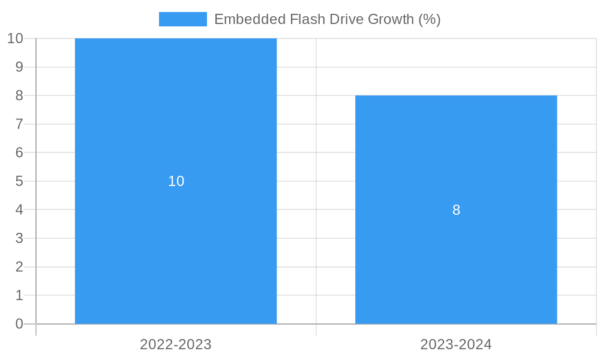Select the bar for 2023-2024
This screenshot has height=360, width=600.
pyautogui.click(x=456, y=270)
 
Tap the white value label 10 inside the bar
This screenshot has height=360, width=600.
pyautogui.click(x=176, y=181)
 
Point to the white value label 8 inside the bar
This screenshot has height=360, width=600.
pyautogui.click(x=456, y=210)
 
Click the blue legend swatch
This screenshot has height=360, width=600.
pyautogui.click(x=182, y=19)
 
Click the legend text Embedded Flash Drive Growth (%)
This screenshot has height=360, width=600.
pyautogui.click(x=327, y=19)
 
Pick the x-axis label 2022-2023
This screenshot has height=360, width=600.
pyautogui.click(x=176, y=344)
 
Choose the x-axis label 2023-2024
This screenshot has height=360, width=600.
pyautogui.click(x=456, y=344)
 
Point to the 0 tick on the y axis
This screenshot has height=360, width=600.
pyautogui.click(x=19, y=324)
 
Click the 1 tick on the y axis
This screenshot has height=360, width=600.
pyautogui.click(x=19, y=295)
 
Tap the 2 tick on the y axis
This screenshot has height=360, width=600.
pyautogui.click(x=19, y=267)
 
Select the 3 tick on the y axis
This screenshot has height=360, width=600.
pyautogui.click(x=19, y=238)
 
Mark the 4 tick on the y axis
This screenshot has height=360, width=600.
pyautogui.click(x=19, y=210)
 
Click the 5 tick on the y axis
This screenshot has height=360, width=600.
pyautogui.click(x=19, y=181)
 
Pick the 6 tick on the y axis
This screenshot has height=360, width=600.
pyautogui.click(x=19, y=152)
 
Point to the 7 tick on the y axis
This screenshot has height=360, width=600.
pyautogui.click(x=19, y=124)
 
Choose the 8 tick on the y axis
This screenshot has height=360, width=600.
pyautogui.click(x=19, y=95)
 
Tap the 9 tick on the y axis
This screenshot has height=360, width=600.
pyautogui.click(x=19, y=67)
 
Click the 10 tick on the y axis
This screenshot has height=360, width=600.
pyautogui.click(x=15, y=38)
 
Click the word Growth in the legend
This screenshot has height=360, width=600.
pyautogui.click(x=391, y=19)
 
